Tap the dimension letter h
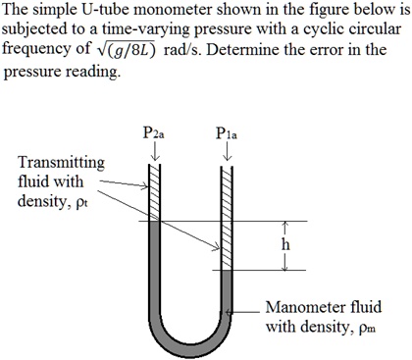(x=284, y=244)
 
